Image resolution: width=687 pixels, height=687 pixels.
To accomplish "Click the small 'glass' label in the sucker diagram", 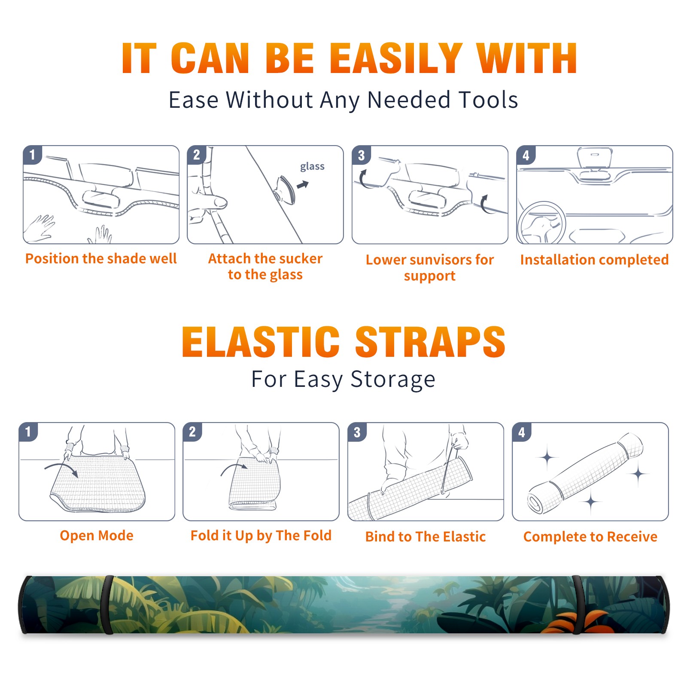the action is [312, 167].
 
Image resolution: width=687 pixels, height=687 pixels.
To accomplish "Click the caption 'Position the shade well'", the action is [101, 258].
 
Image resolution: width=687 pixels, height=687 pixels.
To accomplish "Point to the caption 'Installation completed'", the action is [594, 260].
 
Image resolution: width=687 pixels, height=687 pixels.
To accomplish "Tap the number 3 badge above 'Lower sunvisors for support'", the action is [361, 155].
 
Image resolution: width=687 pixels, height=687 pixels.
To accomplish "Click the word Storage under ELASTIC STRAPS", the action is [393, 380].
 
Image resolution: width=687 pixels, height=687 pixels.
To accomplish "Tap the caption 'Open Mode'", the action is [97, 535].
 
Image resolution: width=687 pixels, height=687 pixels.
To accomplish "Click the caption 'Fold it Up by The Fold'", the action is [261, 535].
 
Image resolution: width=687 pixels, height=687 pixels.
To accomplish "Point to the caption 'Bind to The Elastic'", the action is [426, 537].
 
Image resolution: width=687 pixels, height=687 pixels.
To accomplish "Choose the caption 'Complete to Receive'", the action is [590, 537].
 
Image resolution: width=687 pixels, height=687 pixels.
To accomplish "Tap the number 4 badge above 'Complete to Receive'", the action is [522, 432].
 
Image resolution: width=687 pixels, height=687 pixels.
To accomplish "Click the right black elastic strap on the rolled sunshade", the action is [578, 605].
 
